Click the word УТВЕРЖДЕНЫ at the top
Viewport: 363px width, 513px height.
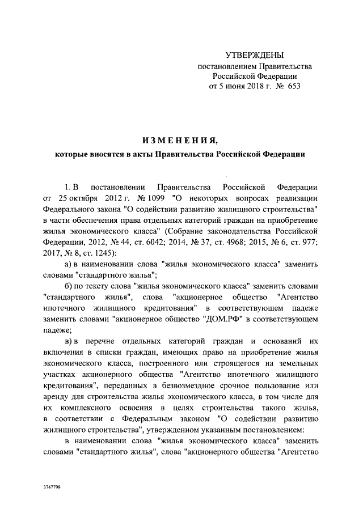point(255,55)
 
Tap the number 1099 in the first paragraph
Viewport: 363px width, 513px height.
point(146,198)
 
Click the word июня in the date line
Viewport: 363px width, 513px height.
point(234,87)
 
